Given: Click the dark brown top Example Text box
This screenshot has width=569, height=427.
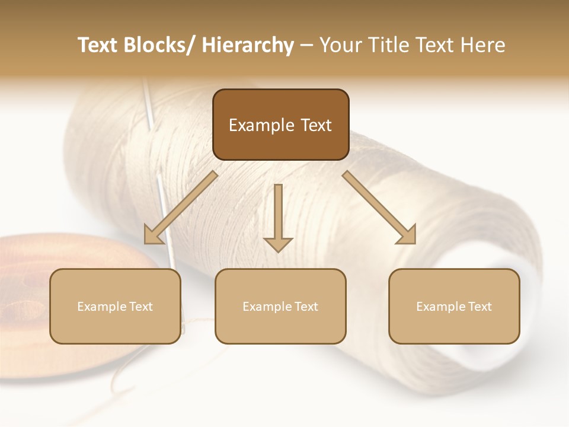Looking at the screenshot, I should coord(280,125).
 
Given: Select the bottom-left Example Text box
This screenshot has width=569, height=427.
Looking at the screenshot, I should coord(115,306).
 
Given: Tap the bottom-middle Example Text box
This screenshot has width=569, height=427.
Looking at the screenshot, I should coord(280,306).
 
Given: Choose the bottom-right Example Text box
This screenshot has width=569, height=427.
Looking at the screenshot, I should coord(454,306).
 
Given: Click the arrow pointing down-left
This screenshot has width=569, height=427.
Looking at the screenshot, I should coord(181,208).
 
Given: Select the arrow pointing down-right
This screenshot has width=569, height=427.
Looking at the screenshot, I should coord(379,208).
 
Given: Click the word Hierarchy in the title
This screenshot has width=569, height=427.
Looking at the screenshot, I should coord(248,45).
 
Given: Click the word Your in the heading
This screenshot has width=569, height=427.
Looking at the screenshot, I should coord(340,45).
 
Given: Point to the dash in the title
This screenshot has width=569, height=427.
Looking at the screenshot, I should coord(306,45).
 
